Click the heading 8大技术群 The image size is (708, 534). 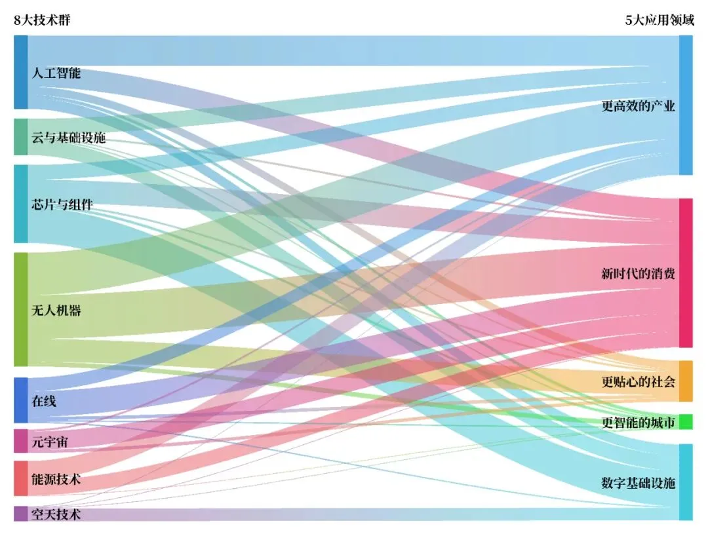(x=42, y=20)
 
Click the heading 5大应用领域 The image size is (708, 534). (x=659, y=20)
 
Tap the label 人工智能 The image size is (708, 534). (x=56, y=73)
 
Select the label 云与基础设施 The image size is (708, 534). (x=69, y=137)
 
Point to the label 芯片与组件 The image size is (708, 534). (x=62, y=204)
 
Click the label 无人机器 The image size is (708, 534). (x=56, y=310)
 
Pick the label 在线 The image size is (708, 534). (x=44, y=401)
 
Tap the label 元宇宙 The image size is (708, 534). (x=50, y=442)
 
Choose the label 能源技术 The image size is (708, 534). (x=56, y=479)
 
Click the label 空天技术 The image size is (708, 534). (x=56, y=514)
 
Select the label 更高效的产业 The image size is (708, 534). (x=638, y=106)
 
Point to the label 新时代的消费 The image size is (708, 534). (x=638, y=273)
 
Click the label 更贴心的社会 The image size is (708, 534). (x=638, y=382)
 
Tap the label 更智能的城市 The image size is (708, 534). (x=638, y=423)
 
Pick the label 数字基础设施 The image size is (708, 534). (x=638, y=483)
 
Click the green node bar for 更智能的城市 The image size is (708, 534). (x=686, y=422)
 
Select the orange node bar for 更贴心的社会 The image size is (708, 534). (x=686, y=381)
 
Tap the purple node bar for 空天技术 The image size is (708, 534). (x=21, y=514)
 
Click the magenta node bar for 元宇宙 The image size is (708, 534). (x=21, y=440)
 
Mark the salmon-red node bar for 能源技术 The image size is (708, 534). (x=21, y=478)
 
